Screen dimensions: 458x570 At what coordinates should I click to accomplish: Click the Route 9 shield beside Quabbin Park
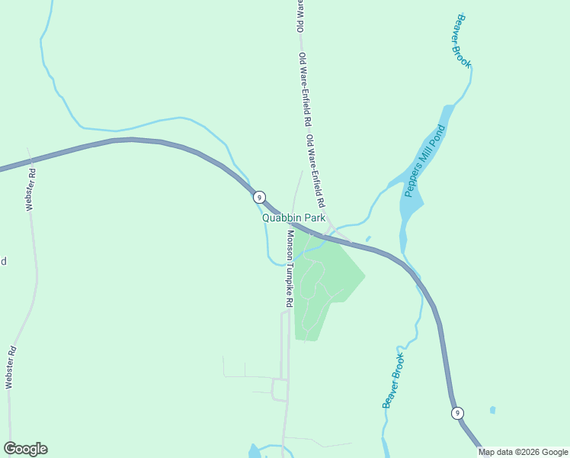click(259, 197)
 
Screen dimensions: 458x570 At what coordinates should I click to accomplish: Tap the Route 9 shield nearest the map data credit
click(456, 413)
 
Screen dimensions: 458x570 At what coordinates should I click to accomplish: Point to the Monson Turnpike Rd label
click(290, 268)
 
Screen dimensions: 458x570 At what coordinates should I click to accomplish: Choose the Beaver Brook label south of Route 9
click(392, 379)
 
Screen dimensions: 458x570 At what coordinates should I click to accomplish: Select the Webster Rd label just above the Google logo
click(11, 368)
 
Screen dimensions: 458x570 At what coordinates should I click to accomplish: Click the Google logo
click(25, 449)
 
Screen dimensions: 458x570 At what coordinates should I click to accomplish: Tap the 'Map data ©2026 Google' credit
click(524, 452)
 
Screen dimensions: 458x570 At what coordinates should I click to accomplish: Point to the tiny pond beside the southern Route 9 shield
click(492, 410)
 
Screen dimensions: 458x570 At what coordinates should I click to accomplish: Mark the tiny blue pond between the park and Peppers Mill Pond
click(368, 239)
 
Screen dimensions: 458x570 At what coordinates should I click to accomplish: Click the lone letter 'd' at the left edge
click(3, 261)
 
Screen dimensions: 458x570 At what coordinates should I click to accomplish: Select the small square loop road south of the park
click(280, 390)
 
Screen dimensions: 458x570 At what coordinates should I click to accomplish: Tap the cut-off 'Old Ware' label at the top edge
click(299, 15)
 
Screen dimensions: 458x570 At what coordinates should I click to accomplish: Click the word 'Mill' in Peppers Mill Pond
click(423, 161)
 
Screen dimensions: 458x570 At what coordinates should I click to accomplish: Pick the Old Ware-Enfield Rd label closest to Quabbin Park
click(316, 173)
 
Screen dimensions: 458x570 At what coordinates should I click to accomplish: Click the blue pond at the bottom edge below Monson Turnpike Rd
click(254, 451)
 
